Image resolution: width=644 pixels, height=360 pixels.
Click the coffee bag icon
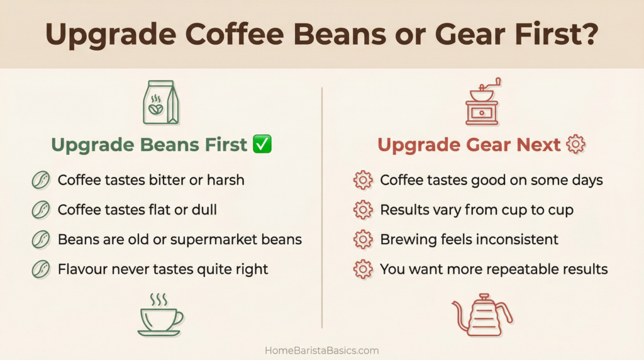pos(160,103)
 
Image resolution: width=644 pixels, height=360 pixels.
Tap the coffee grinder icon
pos(481,103)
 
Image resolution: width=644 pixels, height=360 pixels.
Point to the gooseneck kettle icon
pos(482,315)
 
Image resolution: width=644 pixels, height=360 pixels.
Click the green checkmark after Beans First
pos(262,145)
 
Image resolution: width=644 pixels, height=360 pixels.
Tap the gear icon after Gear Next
pos(575,145)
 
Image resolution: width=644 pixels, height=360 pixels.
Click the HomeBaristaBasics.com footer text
pos(322,351)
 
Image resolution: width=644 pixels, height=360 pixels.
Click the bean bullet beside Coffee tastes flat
pos(41,210)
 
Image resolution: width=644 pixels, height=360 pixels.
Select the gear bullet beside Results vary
pos(363,210)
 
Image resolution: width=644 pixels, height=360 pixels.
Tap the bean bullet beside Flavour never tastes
pos(41,269)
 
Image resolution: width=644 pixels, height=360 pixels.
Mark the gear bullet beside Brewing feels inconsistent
pos(363,240)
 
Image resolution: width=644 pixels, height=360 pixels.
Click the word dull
pos(203,210)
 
